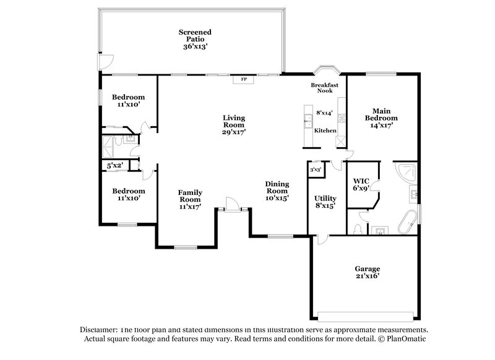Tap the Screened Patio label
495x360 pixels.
tap(195, 39)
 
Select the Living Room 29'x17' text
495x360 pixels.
tap(234, 124)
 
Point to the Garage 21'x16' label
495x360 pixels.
tap(367, 273)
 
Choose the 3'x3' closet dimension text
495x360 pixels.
tap(315, 169)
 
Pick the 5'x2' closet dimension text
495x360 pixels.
tap(115, 166)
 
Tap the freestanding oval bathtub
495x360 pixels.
tap(409, 222)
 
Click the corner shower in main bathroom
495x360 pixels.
tap(407, 172)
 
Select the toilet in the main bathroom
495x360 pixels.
tap(357, 229)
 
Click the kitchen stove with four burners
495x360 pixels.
tap(340, 141)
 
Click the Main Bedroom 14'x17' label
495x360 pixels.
tap(381, 118)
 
